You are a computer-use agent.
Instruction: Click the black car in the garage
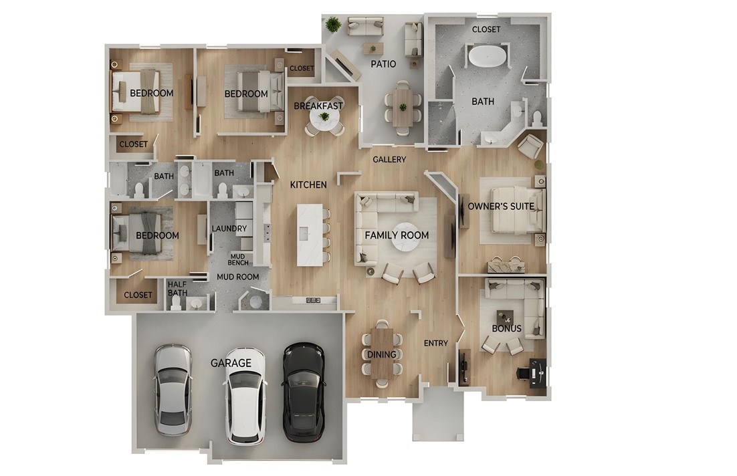(304, 392)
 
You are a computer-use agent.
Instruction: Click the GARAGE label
(231, 363)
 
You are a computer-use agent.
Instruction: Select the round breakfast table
(324, 118)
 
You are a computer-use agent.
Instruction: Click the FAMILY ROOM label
(397, 235)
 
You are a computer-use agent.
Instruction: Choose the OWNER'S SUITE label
(501, 206)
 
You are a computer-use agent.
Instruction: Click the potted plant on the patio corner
(332, 25)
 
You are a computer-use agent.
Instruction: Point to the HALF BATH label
(177, 287)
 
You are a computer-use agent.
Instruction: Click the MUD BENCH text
(239, 259)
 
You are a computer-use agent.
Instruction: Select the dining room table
(382, 354)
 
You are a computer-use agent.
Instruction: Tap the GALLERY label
(389, 160)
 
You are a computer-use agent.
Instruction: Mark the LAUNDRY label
(229, 229)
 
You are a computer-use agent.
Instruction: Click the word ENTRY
(436, 343)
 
